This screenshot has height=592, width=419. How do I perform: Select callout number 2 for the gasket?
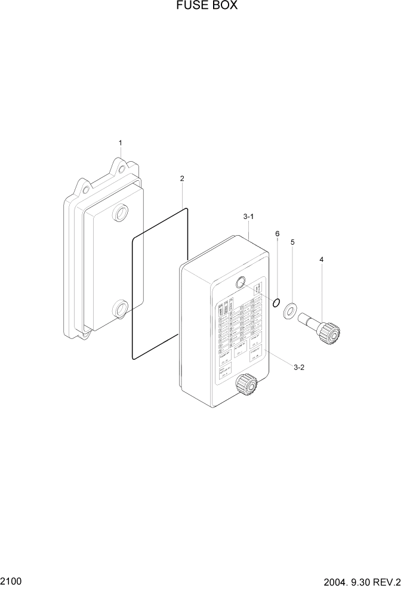pyautogui.click(x=182, y=178)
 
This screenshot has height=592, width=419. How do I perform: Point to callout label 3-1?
pyautogui.click(x=249, y=217)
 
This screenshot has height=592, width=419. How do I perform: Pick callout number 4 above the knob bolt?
pyautogui.click(x=322, y=260)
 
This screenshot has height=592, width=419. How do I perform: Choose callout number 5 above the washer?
pyautogui.click(x=292, y=242)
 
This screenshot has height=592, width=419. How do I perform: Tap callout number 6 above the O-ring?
pyautogui.click(x=277, y=233)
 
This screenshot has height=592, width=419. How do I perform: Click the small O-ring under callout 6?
pyautogui.click(x=276, y=303)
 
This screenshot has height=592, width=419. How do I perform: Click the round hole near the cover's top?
pyautogui.click(x=242, y=283)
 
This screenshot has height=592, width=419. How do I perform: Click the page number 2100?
pyautogui.click(x=12, y=580)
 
